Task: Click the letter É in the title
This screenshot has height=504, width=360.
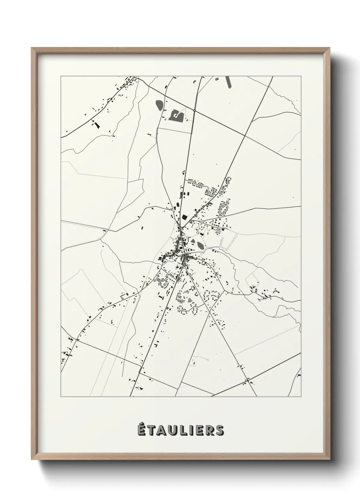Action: [x=142, y=430]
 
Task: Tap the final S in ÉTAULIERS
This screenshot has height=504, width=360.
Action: [x=219, y=430]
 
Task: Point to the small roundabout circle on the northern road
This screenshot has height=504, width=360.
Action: [x=194, y=110]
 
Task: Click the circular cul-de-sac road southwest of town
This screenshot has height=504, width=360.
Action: [x=163, y=282]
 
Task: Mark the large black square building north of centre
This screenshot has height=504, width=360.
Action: [x=184, y=217]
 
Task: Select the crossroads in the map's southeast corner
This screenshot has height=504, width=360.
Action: [x=248, y=379]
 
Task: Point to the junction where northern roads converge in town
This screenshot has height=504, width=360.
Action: [x=181, y=228]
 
